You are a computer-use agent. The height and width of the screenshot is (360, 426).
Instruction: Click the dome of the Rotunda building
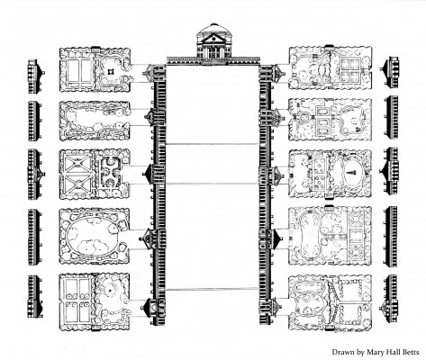213,28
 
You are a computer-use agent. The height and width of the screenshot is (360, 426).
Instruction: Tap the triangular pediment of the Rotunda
213,38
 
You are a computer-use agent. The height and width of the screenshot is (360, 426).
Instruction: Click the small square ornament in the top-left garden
111,71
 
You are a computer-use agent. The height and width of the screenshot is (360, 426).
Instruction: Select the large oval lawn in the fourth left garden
93,237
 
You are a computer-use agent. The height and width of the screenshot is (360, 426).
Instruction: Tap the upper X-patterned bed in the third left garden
77,164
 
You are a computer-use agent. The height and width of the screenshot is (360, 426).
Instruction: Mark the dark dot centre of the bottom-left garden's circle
110,290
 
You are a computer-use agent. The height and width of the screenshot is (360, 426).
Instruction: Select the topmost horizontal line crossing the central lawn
212,144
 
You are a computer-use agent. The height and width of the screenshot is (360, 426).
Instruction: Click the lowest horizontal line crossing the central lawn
212,290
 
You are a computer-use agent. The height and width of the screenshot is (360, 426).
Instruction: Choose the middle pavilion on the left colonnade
154,174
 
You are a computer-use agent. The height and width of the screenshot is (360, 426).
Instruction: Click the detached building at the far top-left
35,76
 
